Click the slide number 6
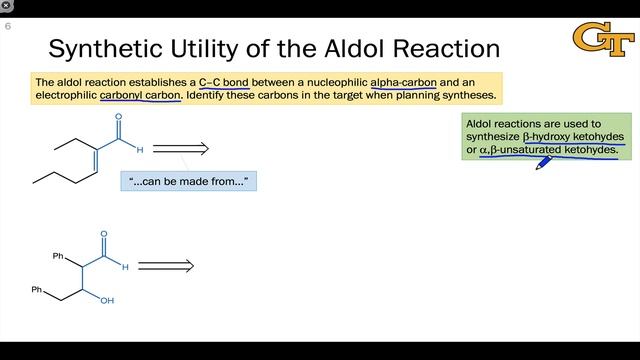tap(8, 27)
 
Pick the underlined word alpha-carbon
tap(403, 82)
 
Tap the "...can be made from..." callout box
tap(188, 181)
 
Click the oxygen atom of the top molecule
tap(119, 116)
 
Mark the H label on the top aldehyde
tap(140, 150)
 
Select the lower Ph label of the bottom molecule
tap(37, 290)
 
